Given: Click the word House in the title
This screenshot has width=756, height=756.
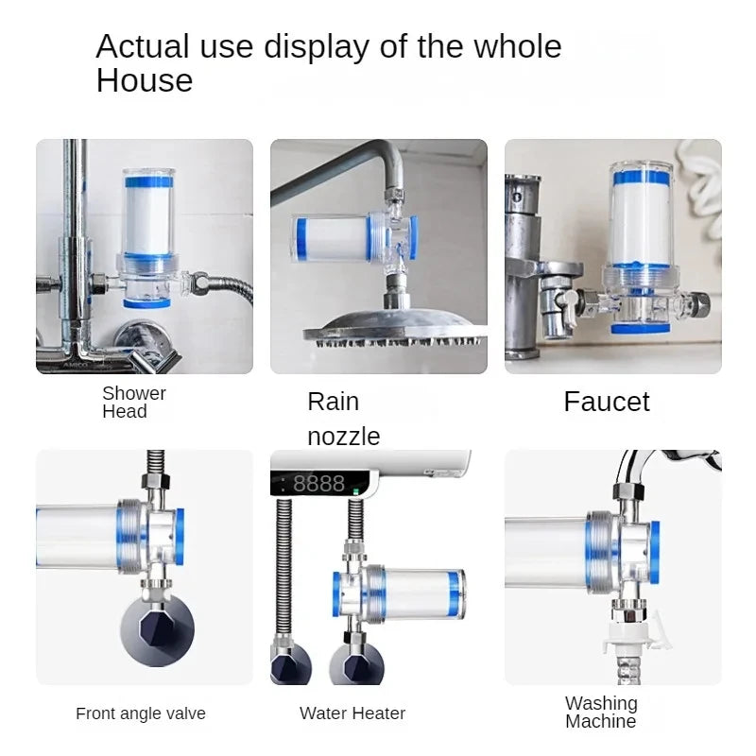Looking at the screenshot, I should [144, 81].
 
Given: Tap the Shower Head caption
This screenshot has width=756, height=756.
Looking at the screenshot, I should [133, 403].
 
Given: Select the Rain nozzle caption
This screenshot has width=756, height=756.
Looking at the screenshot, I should [343, 419].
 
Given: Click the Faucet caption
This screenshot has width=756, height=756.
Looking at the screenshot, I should [606, 402].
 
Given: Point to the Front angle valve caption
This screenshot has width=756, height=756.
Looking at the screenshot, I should [140, 713].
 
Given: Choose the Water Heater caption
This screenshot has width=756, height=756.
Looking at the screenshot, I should [352, 713].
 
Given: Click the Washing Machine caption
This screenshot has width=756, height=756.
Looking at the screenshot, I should [601, 713].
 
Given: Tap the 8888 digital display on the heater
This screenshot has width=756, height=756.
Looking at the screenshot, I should [318, 484].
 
